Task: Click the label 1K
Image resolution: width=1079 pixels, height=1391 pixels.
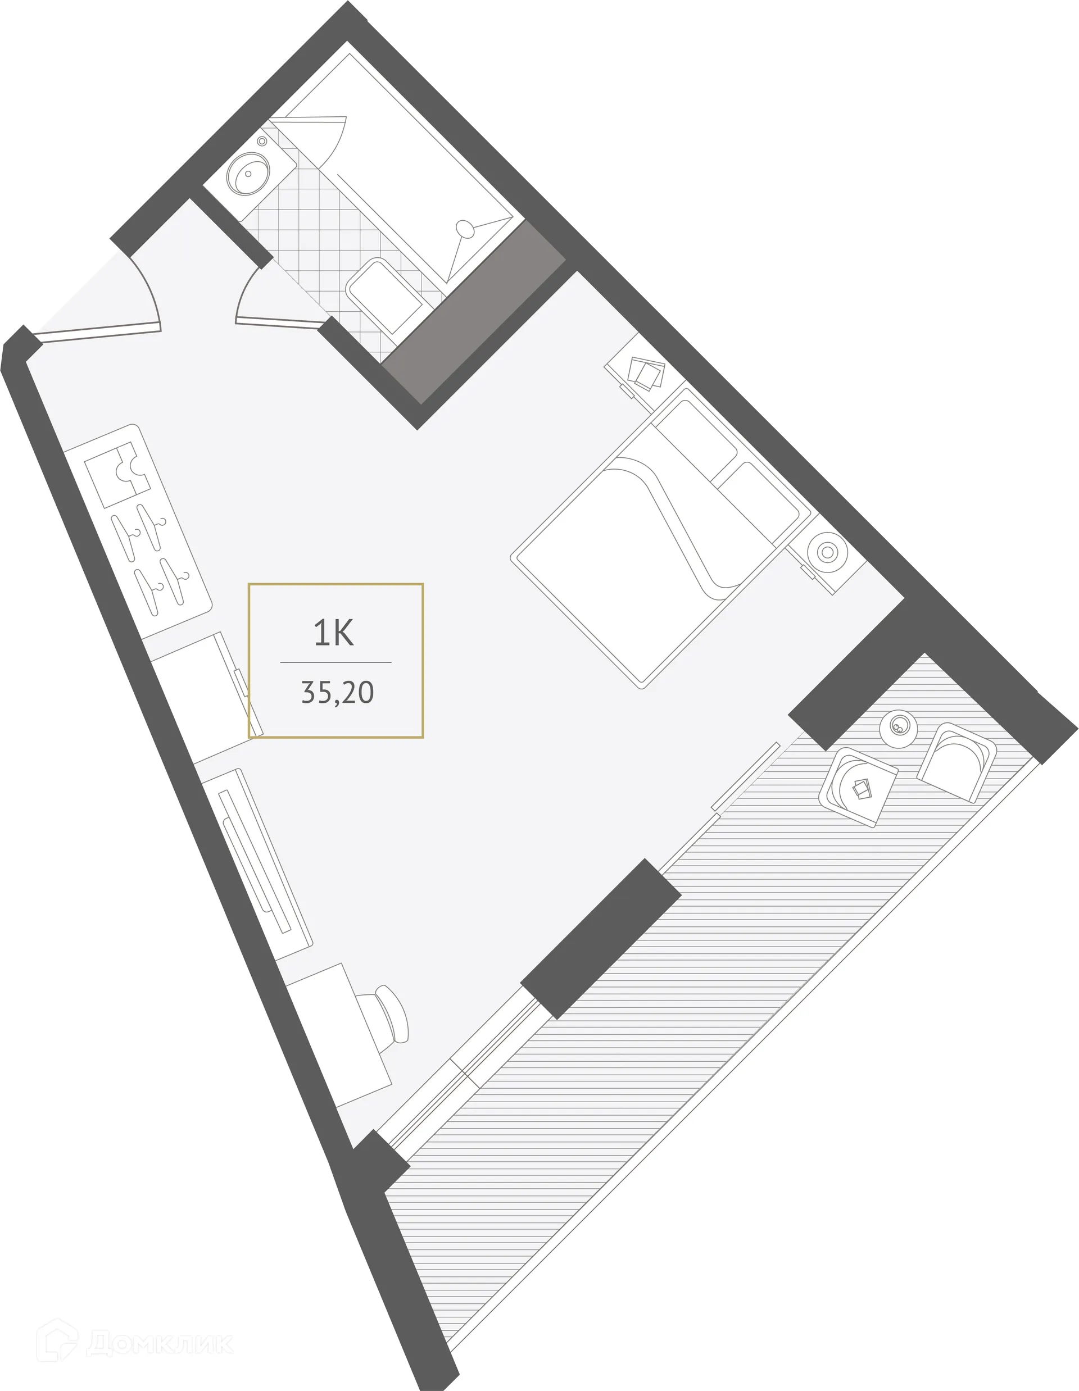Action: (x=334, y=633)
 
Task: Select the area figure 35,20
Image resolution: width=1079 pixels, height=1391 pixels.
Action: (x=337, y=693)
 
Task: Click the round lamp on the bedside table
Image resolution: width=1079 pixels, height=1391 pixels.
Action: (x=827, y=552)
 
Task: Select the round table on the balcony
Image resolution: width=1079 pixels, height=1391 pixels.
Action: (x=898, y=728)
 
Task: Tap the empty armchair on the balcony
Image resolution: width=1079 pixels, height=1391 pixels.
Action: (x=955, y=761)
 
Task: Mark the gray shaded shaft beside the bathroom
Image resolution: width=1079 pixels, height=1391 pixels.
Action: (x=474, y=312)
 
